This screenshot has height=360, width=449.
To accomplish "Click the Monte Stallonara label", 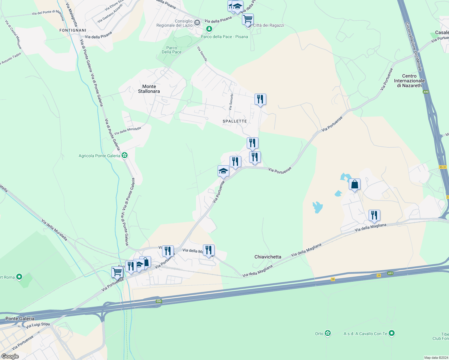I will pyautogui.click(x=149, y=89).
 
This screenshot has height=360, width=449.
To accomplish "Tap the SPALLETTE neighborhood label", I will pyautogui.click(x=235, y=121).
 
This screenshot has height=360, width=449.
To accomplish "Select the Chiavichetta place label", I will pyautogui.click(x=268, y=257).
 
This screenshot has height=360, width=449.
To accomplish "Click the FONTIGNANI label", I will pyautogui.click(x=73, y=30).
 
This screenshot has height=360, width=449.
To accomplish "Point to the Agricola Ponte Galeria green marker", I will pyautogui.click(x=125, y=155).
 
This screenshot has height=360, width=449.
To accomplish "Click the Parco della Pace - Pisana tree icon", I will pyautogui.click(x=209, y=29).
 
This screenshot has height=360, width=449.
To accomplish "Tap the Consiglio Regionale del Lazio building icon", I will pyautogui.click(x=197, y=22).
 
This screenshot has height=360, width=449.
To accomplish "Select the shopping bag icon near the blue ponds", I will pyautogui.click(x=354, y=184).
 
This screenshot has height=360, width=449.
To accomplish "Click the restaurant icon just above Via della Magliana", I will pyautogui.click(x=374, y=215).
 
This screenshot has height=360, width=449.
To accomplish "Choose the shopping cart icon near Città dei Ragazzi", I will pyautogui.click(x=248, y=19).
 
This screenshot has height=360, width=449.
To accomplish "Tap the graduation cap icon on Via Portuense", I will pyautogui.click(x=223, y=171).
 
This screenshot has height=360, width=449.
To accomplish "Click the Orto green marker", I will pyautogui.click(x=328, y=333).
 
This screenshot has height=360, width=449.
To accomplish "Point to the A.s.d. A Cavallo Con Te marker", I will pyautogui.click(x=391, y=333).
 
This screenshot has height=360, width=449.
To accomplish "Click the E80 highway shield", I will pyautogui.click(x=159, y=301).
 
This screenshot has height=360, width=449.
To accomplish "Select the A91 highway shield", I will pyautogui.click(x=390, y=273).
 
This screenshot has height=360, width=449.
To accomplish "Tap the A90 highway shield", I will pyautogui.click(x=426, y=92).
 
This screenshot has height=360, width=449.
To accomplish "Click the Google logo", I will pyautogui.click(x=10, y=356).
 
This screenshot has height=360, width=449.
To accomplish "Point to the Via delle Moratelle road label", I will pyautogui.click(x=128, y=131).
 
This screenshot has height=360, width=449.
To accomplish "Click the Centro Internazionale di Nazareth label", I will pyautogui.click(x=409, y=81).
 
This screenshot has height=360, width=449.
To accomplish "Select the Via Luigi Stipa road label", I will pyautogui.click(x=38, y=325).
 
